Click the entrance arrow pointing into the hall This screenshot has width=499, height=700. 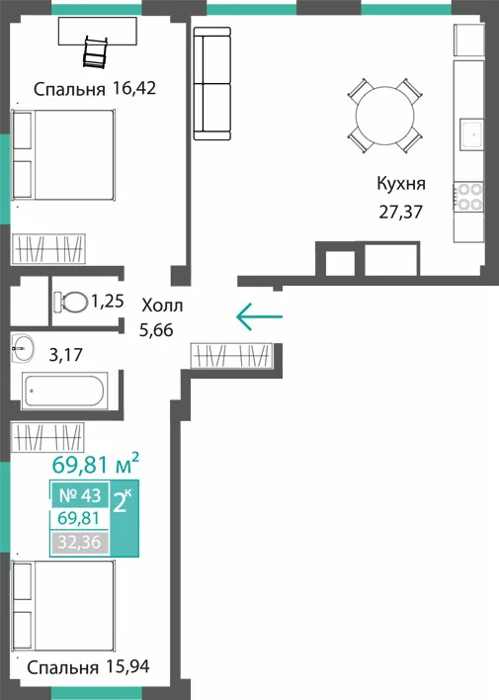click(x=259, y=316)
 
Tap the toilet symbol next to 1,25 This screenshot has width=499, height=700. click(x=70, y=302)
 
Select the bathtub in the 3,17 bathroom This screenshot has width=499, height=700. click(x=64, y=392)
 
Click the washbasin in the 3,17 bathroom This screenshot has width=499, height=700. click(x=23, y=347)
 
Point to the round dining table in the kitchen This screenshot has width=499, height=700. click(x=384, y=116)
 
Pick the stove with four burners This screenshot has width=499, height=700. click(x=468, y=197)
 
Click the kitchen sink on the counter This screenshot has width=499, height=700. click(x=471, y=133)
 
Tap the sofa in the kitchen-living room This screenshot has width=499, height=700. click(x=212, y=83)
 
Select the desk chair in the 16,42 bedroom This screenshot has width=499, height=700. click(x=96, y=51)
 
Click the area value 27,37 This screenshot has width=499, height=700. click(x=400, y=212)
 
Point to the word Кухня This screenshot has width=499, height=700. click(x=401, y=184)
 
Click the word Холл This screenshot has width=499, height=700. click(x=162, y=306)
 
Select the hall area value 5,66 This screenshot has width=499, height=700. click(x=156, y=330)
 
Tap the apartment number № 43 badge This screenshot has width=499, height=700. click(x=80, y=495)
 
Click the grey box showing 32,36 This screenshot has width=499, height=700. click(x=80, y=543)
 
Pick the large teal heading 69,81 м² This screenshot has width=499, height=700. click(x=96, y=465)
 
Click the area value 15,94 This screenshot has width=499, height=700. click(x=128, y=666)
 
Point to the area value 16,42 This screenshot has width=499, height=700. click(x=134, y=88)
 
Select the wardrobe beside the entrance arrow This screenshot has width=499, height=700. click(x=231, y=355)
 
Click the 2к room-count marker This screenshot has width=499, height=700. click(x=123, y=501)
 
